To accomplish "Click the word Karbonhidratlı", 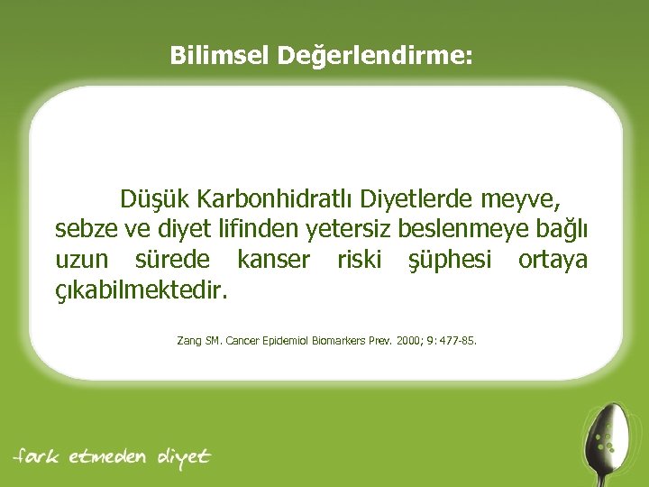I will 277,198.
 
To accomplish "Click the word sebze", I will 82,229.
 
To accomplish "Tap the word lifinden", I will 264,229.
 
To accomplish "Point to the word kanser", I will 273,261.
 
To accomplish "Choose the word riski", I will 359,261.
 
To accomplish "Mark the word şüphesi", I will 450,262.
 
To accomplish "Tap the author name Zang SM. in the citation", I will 199,342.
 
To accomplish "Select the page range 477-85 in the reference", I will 456,342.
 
